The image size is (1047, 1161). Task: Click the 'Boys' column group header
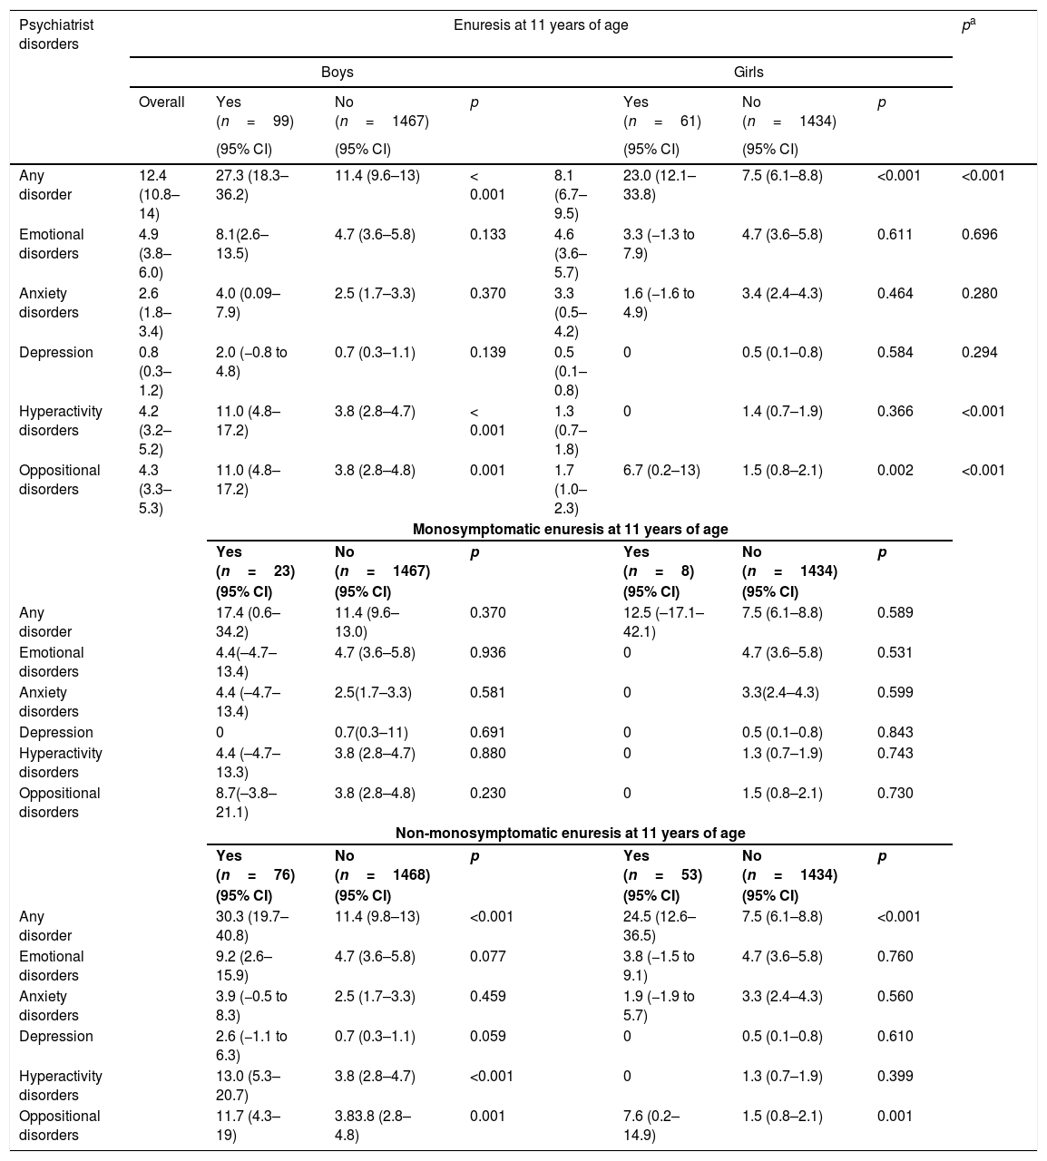click(337, 72)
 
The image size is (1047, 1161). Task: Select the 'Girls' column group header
click(749, 72)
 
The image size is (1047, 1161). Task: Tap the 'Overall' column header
click(161, 102)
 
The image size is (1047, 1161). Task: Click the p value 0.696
click(979, 235)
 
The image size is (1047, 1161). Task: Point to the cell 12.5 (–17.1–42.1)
click(664, 622)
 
